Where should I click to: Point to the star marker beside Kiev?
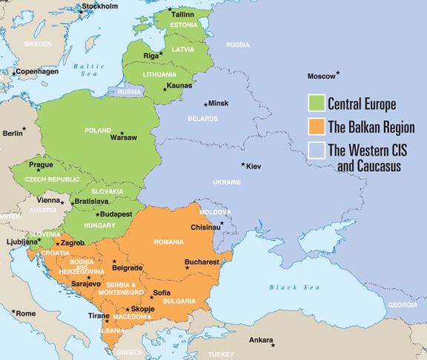click(x=242, y=164)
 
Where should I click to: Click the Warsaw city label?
click(x=124, y=138)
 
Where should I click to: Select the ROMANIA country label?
click(x=170, y=242)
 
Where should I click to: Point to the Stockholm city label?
click(x=99, y=7)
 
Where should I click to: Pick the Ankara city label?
click(x=261, y=340)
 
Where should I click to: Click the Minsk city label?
click(x=219, y=103)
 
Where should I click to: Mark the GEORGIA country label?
click(x=403, y=304)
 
